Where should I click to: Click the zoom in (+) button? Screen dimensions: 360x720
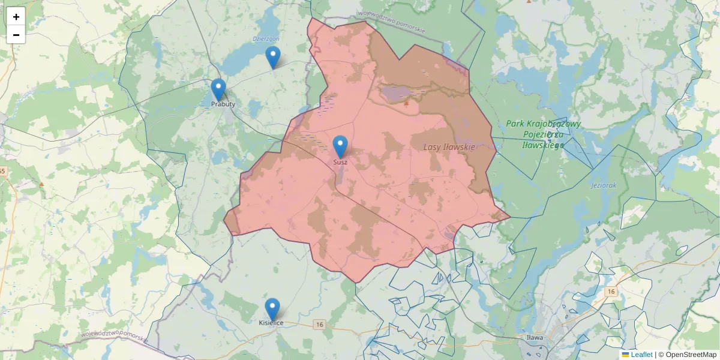(16, 17)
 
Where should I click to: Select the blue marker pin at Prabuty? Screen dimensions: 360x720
(218, 89)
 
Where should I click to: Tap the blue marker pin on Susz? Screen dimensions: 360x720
(340, 146)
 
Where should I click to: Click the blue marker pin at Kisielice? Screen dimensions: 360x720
(272, 309)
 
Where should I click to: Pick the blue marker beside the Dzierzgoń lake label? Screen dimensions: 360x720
(273, 57)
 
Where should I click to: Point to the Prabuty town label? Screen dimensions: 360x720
(223, 104)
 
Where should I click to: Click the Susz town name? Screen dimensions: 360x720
(340, 162)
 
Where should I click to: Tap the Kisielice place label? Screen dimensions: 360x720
(271, 323)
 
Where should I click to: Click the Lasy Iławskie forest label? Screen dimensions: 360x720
(449, 147)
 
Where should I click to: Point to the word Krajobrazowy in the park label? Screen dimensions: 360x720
(543, 124)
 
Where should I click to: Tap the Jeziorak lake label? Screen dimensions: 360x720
(604, 185)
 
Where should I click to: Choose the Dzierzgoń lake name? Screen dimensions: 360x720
(266, 38)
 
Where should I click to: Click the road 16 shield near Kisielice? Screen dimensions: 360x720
(319, 325)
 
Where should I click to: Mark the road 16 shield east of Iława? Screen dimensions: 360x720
(611, 291)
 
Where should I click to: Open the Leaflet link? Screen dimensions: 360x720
(641, 355)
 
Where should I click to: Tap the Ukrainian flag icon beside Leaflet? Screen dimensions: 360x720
(625, 355)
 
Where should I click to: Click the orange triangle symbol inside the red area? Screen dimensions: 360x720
(406, 103)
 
